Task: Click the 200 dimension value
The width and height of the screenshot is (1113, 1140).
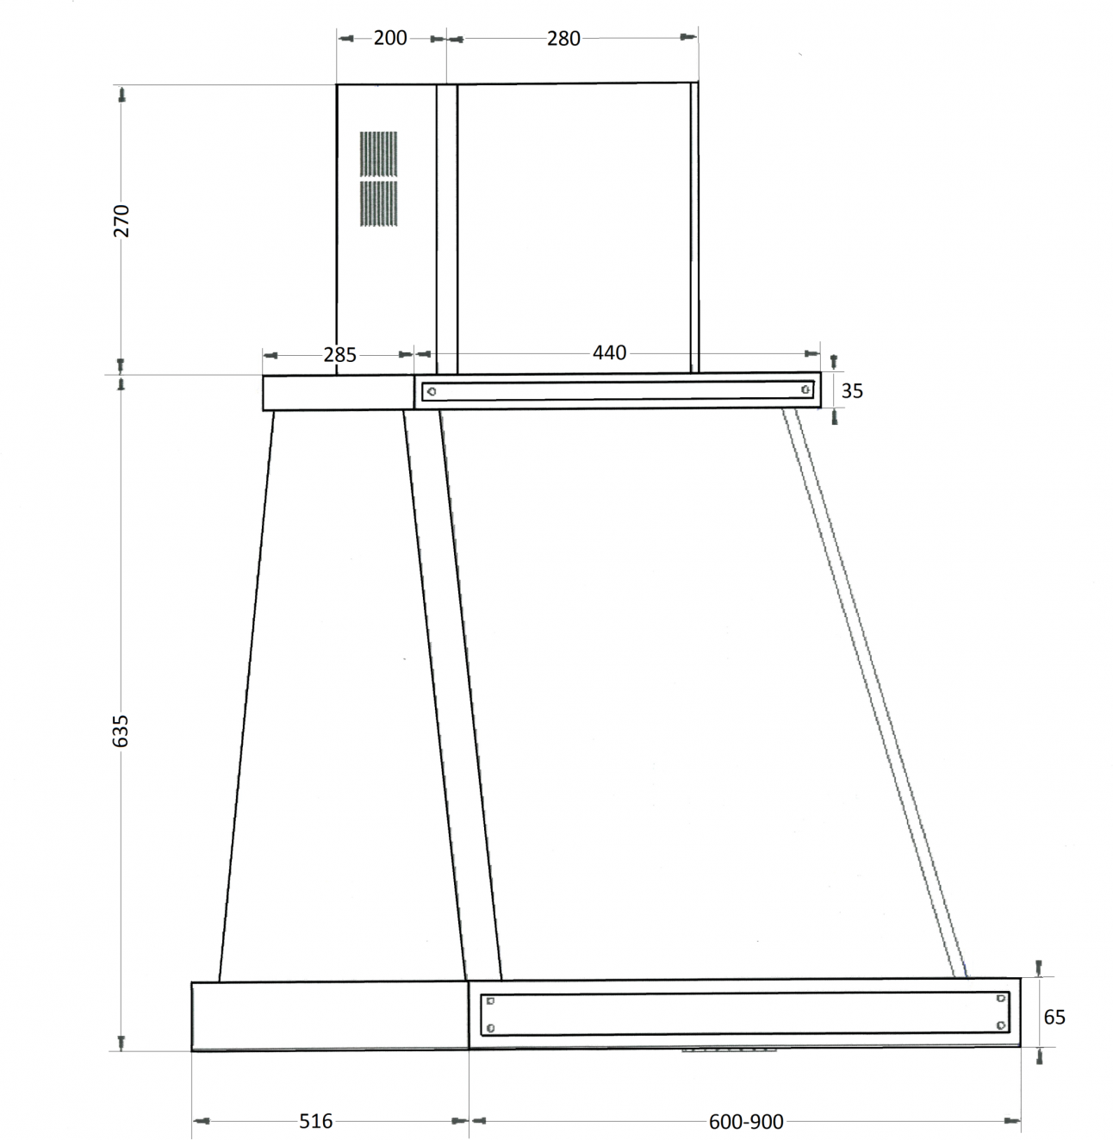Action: pos(390,38)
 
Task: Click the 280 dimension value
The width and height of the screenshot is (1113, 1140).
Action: pos(563,39)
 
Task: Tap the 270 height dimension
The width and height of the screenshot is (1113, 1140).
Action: pos(121,221)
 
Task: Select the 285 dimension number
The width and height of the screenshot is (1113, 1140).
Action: pos(339,355)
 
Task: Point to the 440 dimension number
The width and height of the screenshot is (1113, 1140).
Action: pos(609,352)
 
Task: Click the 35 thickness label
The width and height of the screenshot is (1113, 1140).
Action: pos(852,391)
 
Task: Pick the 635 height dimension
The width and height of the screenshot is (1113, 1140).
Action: pos(120,731)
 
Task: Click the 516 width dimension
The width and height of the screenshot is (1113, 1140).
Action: pos(316,1121)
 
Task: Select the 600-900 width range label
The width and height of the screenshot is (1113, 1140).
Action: pos(746,1121)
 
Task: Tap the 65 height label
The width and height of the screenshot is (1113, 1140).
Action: pos(1054,1017)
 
